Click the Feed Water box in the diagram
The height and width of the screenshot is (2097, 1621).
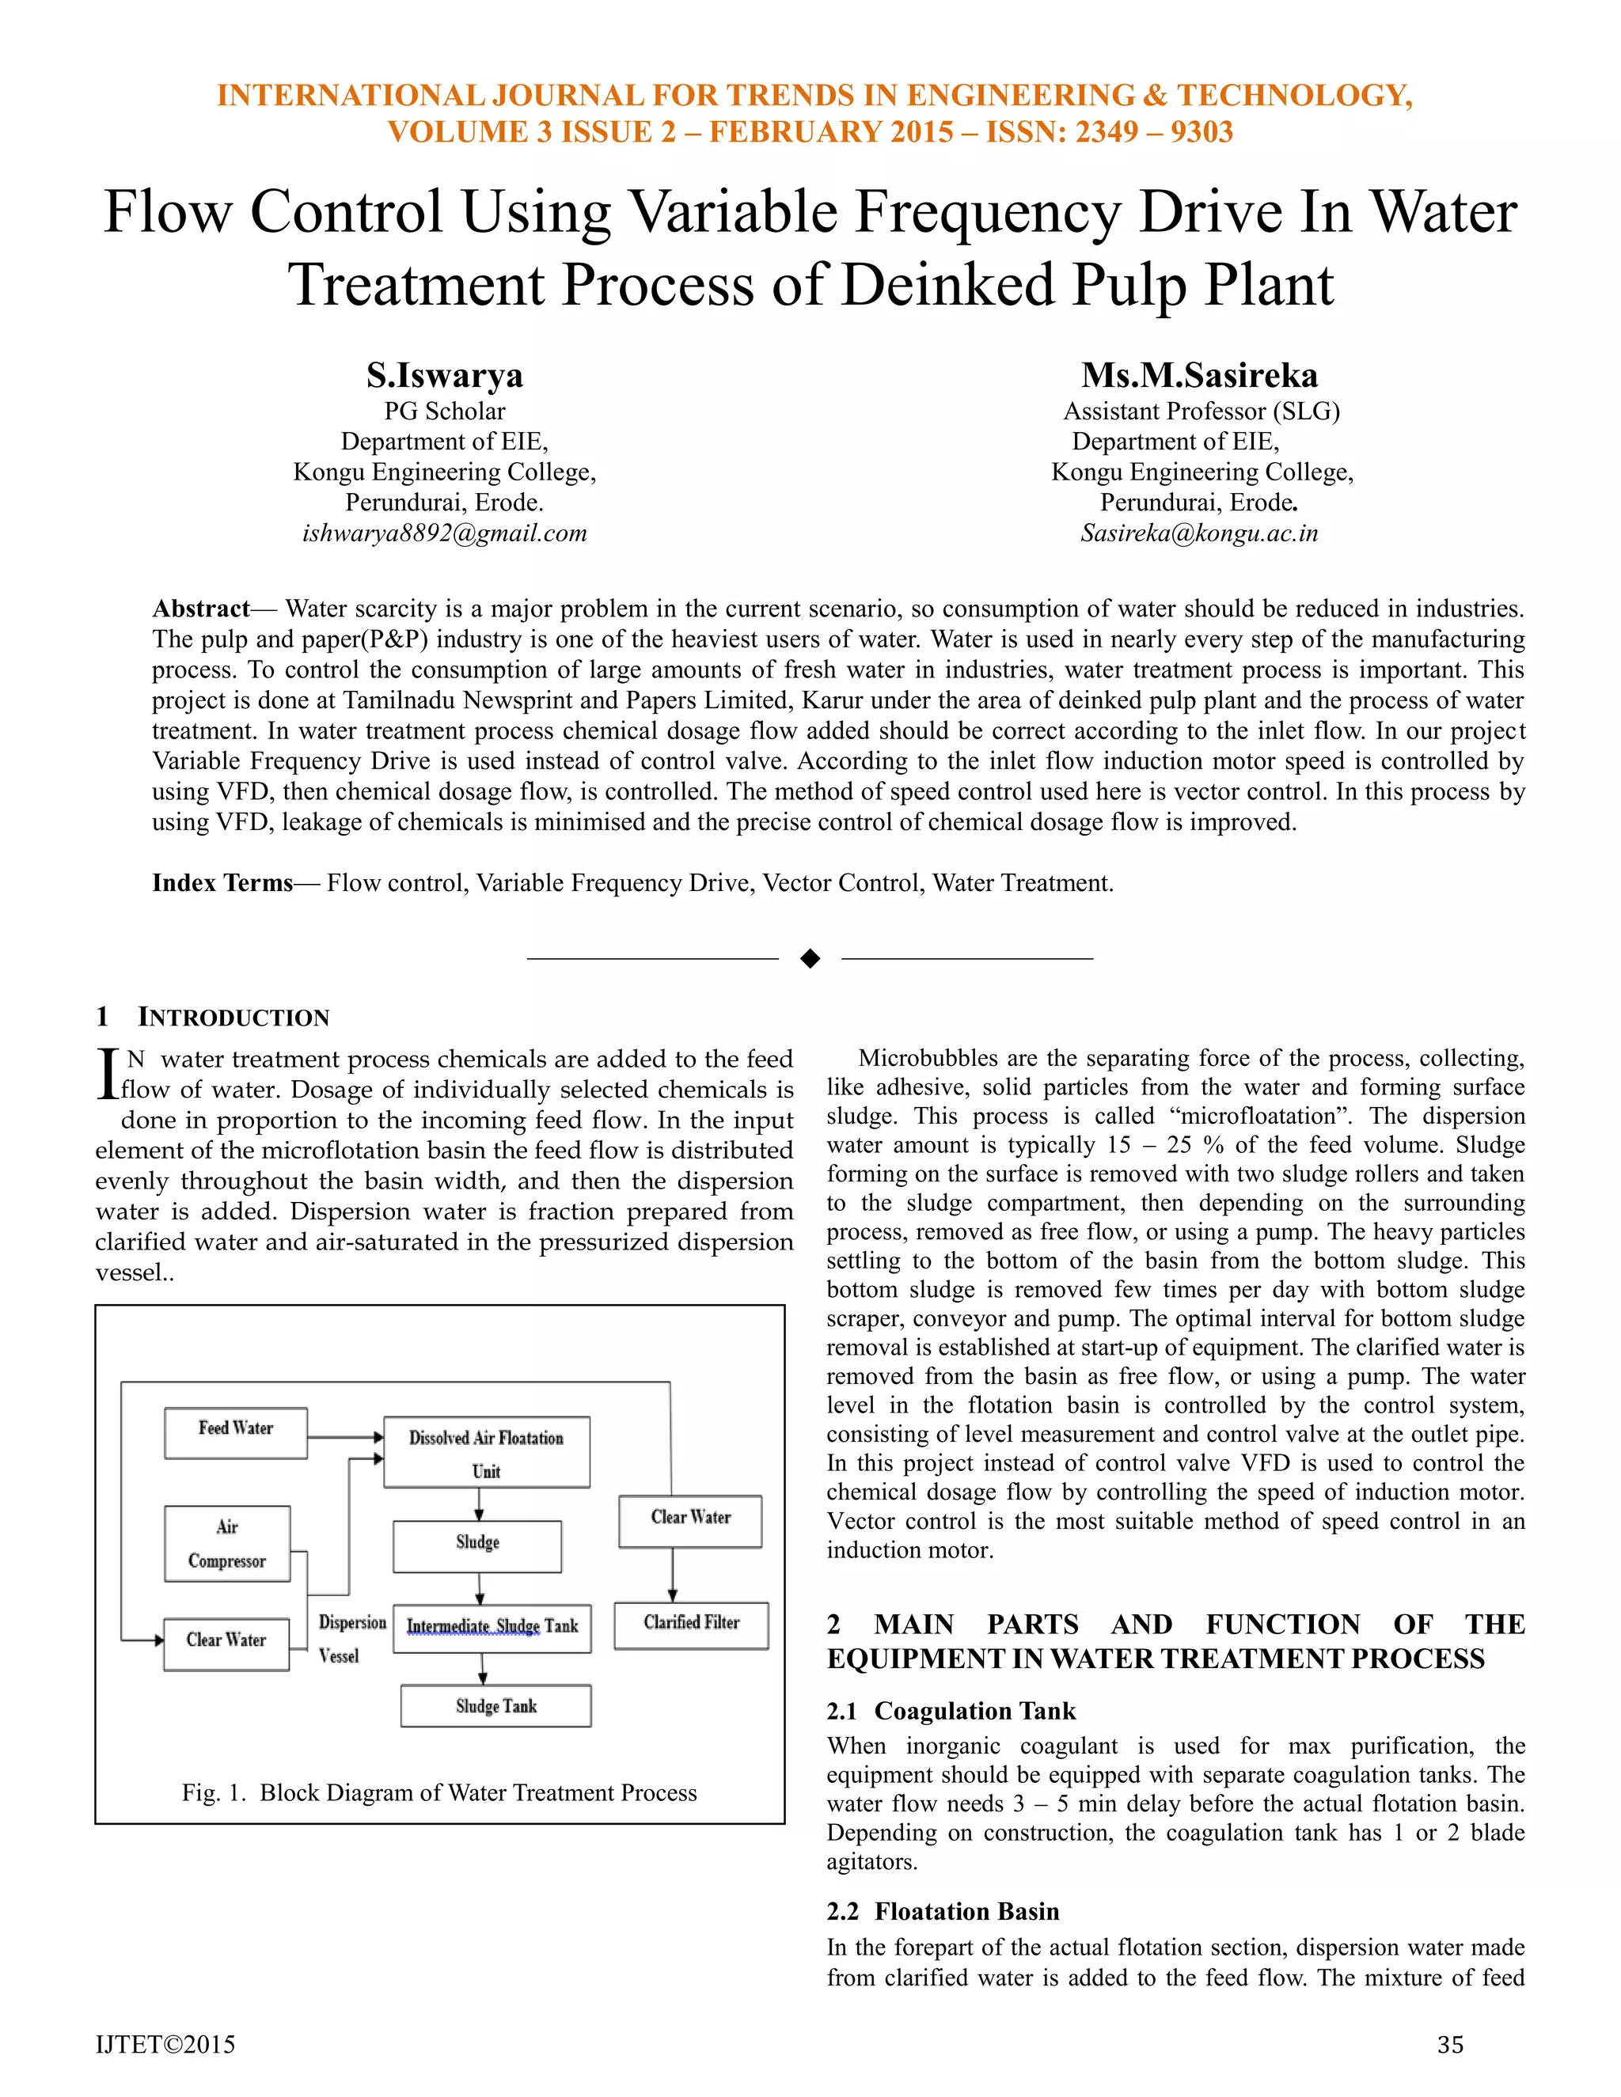coord(235,1434)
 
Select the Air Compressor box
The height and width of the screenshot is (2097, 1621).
coord(226,1544)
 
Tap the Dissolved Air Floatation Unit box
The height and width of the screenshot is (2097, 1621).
coord(486,1453)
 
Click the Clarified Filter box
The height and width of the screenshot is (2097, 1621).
coord(692,1625)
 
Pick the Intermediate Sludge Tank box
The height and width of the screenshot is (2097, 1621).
coord(492,1629)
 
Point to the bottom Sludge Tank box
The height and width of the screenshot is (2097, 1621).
coord(495,1706)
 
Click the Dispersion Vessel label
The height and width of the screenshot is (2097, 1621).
coord(351,1639)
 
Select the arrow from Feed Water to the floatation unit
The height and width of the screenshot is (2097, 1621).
coord(346,1437)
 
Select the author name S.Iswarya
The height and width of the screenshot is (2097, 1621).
coord(445,374)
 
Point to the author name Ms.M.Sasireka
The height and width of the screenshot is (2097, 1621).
coord(1199,374)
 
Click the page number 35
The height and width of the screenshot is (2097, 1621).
coord(1450,2045)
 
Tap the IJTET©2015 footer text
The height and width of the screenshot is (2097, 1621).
coord(165,2045)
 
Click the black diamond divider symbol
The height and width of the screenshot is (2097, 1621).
coord(810,958)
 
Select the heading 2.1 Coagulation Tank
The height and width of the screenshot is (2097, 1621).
coord(951,1711)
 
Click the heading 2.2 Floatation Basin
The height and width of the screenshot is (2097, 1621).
coord(943,1911)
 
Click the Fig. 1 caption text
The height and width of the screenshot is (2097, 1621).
coord(438,1792)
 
